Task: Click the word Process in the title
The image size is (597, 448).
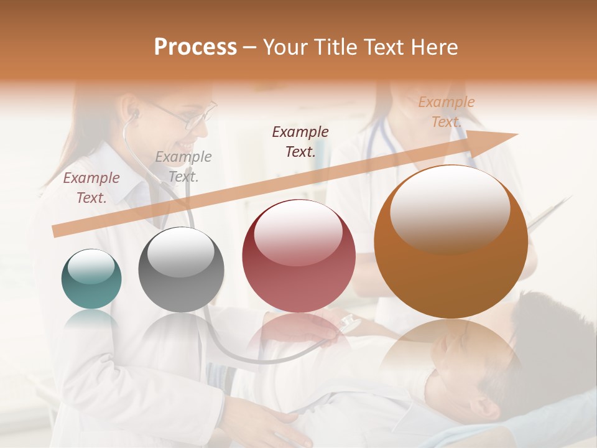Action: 195,47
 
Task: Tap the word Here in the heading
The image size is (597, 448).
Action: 434,47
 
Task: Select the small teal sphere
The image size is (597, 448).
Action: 91,279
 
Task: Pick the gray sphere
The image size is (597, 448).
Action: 181,269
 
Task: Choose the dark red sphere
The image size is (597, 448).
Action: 298,256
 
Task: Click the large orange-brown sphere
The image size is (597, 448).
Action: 451,241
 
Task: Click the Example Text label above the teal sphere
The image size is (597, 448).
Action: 91,188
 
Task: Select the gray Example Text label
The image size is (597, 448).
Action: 183,167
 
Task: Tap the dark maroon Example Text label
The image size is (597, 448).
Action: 300,141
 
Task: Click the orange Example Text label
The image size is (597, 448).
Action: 446,112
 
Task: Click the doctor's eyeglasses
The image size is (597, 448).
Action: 187,116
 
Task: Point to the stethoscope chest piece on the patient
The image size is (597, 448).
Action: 348,324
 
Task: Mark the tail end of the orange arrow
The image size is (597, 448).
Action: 55,231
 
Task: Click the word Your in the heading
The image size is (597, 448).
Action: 285,47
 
